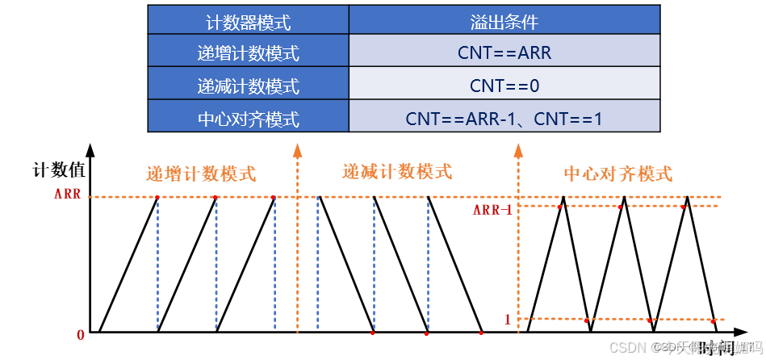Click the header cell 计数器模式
(x=248, y=21)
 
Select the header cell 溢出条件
(x=504, y=21)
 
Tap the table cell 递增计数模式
(x=248, y=53)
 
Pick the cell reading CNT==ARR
(x=504, y=53)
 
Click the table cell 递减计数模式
(x=248, y=86)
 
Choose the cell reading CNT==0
(x=504, y=86)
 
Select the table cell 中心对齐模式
(x=248, y=119)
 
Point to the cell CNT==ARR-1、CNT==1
(x=504, y=119)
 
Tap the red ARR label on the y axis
(x=67, y=195)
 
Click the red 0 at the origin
(x=81, y=334)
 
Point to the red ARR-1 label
(x=492, y=211)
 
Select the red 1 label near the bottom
(x=508, y=320)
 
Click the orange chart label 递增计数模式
(x=201, y=173)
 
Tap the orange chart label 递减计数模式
(x=397, y=171)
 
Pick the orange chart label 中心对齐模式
(x=617, y=174)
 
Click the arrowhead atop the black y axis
(x=90, y=151)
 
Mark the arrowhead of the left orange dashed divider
(x=298, y=149)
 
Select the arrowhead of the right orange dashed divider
(x=517, y=149)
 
